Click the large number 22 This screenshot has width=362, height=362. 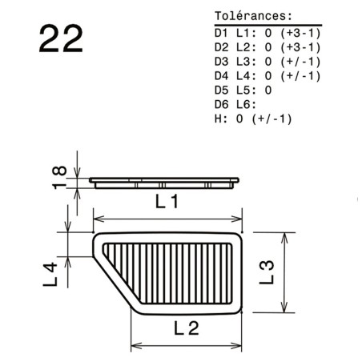point(61,39)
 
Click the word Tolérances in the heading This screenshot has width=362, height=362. point(251,16)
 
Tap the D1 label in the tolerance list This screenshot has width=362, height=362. point(222,33)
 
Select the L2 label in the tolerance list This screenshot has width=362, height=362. point(243,47)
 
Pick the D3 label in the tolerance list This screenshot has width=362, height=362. point(222,62)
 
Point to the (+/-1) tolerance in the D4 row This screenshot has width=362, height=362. point(300,76)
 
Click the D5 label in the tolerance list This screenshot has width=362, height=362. point(222,90)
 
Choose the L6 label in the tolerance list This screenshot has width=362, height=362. point(243,105)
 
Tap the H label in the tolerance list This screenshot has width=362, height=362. point(218,119)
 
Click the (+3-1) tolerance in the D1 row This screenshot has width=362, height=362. point(300,33)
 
